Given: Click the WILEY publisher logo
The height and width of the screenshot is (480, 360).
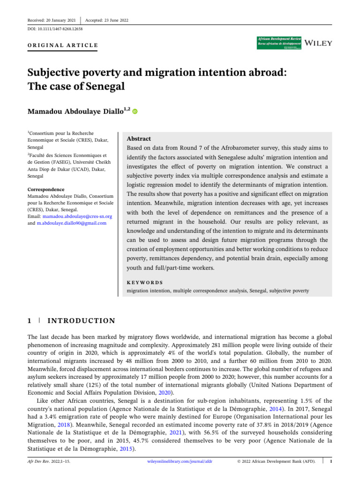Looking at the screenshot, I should coord(319,43).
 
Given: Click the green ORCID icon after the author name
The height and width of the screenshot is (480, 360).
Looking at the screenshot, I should coord(135,111).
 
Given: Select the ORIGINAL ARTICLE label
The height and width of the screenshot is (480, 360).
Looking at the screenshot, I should coord(63,45).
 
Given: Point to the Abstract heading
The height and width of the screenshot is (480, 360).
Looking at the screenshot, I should coord(139,139).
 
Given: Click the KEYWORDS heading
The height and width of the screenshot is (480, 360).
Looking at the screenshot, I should coord(145,283).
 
